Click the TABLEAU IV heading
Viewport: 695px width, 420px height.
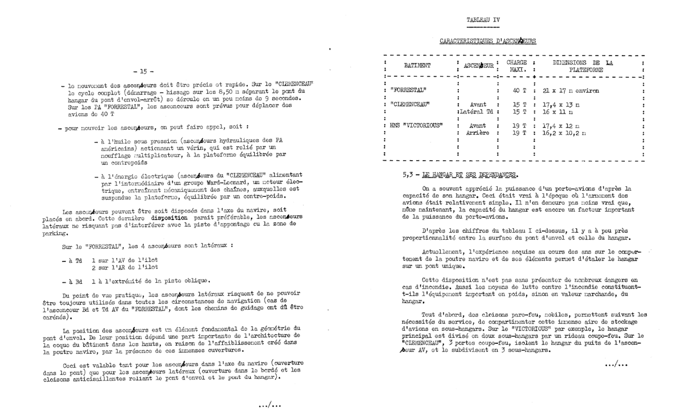click(x=483, y=20)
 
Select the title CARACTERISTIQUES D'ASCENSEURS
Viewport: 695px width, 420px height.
click(x=488, y=41)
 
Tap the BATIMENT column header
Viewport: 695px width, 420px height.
click(x=417, y=66)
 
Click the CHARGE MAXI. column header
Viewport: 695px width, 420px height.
click(x=516, y=66)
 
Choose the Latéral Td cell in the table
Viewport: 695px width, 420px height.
click(x=475, y=112)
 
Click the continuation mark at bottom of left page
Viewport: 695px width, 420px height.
click(x=270, y=405)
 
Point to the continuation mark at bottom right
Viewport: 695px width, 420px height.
click(x=616, y=364)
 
